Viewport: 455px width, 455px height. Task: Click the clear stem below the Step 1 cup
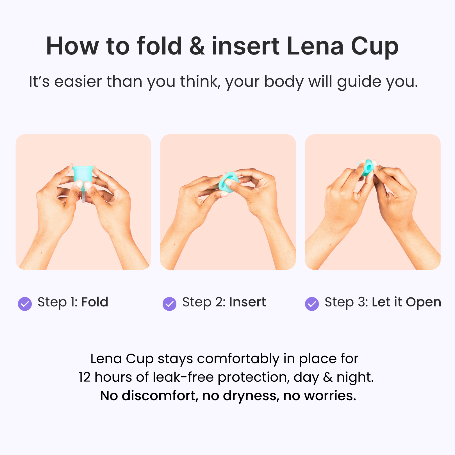tap(83, 197)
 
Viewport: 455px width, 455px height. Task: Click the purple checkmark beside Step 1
tap(25, 304)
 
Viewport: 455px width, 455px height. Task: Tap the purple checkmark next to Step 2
tap(169, 304)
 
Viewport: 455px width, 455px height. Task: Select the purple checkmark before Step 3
tap(312, 304)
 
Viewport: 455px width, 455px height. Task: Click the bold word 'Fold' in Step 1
tap(95, 302)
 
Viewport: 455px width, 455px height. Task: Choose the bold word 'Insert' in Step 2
tap(247, 302)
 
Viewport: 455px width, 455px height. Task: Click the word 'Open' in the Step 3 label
tap(423, 302)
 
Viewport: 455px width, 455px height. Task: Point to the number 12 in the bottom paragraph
tap(84, 377)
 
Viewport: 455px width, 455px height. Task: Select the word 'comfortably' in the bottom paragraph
tap(238, 359)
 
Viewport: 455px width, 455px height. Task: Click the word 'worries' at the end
tap(330, 396)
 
